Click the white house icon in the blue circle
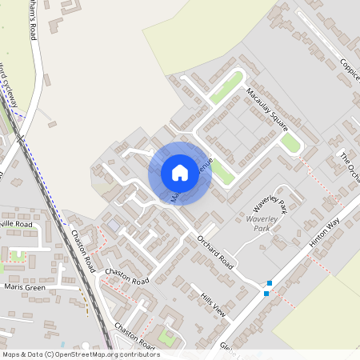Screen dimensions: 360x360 coord(180,173)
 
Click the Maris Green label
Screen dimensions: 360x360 coord(23,286)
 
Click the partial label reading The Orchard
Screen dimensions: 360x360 coord(350,168)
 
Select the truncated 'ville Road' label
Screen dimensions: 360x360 coord(17,225)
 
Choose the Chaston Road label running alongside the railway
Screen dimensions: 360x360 coord(82,252)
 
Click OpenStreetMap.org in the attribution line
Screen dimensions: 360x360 coord(95,354)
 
